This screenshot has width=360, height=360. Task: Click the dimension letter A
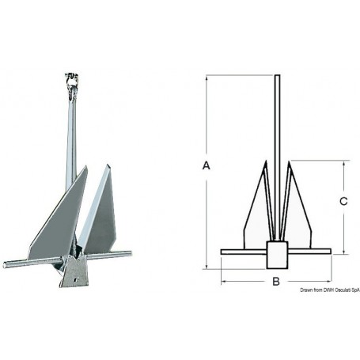(x=207, y=165)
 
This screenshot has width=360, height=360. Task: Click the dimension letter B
(x=276, y=281)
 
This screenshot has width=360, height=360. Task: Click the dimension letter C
(x=343, y=201)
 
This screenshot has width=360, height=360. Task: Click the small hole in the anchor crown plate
(x=76, y=279)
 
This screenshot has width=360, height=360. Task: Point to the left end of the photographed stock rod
(x=5, y=265)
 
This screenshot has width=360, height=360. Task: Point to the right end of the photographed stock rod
(x=130, y=253)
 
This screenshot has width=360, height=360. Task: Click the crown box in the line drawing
(x=276, y=255)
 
